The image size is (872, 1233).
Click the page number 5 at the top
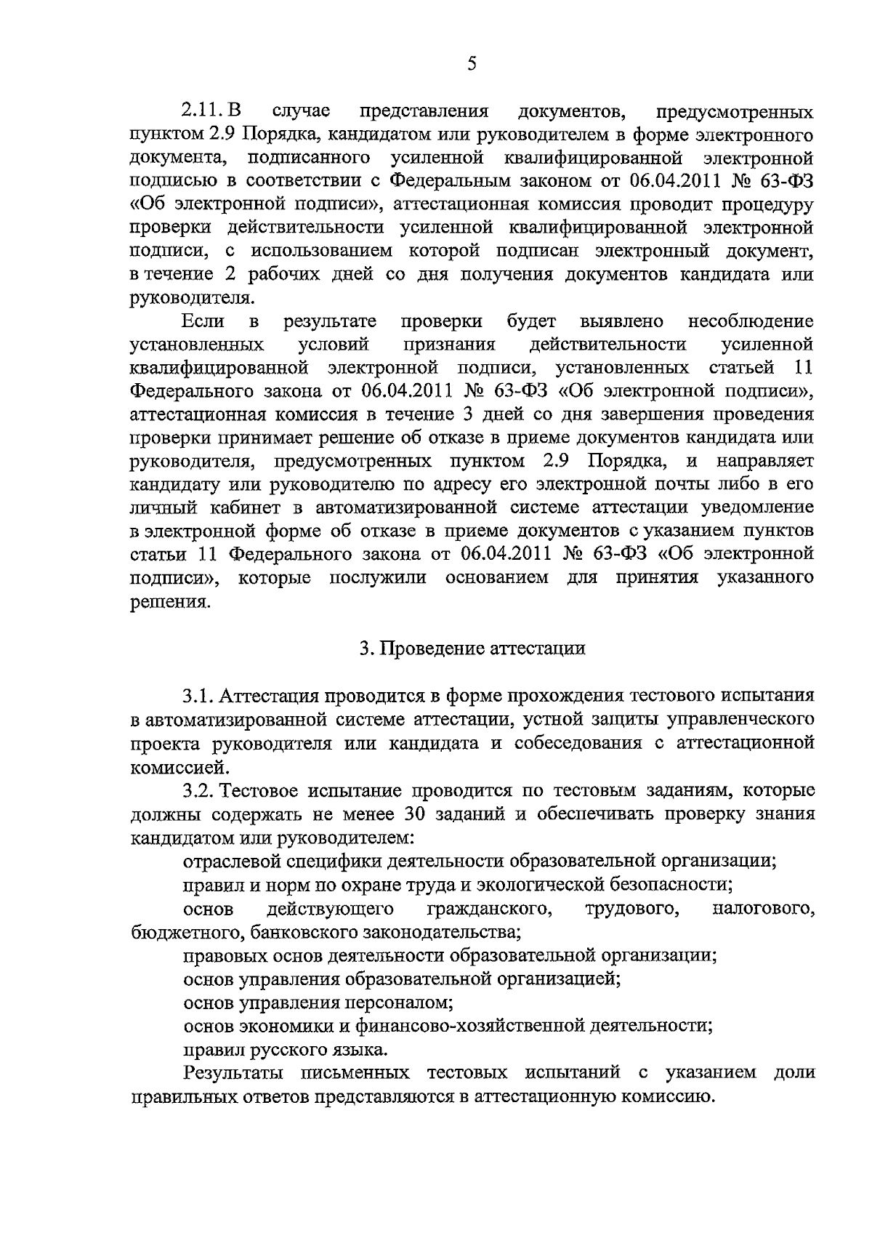click(x=471, y=64)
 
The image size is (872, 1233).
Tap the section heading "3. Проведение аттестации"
click(x=472, y=648)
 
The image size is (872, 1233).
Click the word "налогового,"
click(x=763, y=908)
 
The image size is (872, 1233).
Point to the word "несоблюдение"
click(x=750, y=321)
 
